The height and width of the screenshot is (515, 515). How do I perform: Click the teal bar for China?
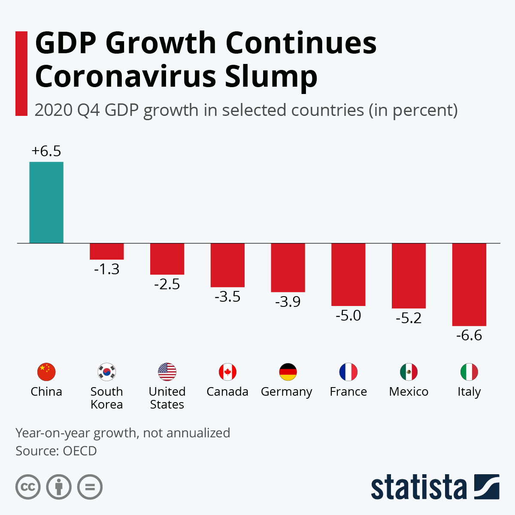46,202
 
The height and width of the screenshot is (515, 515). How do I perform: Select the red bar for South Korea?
107,251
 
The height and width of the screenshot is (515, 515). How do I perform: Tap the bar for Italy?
469,284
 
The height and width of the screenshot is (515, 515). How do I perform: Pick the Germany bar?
288,267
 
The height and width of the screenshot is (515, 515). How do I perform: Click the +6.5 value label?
46,151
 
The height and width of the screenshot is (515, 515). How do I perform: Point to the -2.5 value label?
167,284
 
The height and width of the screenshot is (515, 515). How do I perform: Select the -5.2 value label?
409,318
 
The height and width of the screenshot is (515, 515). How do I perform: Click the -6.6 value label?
469,335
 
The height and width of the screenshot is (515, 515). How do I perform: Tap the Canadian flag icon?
227,372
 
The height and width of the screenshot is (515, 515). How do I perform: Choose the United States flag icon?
167,372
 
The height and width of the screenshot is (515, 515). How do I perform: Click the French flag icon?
348,372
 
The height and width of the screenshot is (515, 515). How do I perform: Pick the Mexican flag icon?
409,372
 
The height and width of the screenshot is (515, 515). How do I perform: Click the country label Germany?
287,392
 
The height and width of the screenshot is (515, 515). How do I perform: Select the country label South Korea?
107,398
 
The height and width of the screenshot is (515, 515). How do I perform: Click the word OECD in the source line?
80,451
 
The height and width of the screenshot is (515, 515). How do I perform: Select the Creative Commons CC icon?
28,487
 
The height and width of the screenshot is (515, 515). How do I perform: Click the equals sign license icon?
90,487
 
